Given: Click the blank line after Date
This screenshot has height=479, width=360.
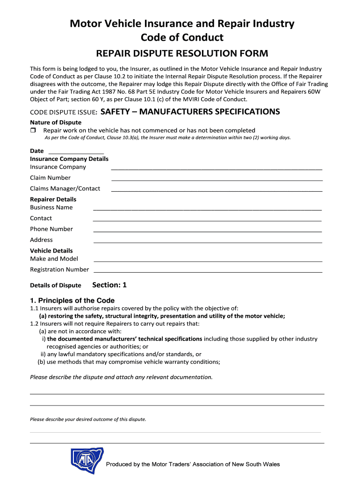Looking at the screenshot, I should (76, 152).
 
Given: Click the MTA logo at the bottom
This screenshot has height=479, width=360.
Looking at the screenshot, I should (87, 460).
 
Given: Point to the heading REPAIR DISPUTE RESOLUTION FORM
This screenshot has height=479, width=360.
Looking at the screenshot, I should (182, 54).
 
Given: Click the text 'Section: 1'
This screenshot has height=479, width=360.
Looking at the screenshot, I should (109, 285).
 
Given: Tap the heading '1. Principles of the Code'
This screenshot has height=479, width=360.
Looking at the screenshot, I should (72, 300).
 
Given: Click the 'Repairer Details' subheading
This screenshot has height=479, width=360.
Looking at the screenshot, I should (53, 199).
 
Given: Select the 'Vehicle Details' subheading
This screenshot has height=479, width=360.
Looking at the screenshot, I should (51, 251).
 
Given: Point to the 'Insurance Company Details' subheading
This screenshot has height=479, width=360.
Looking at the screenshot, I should (69, 159).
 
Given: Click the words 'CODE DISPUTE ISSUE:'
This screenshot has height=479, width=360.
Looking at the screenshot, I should (64, 112).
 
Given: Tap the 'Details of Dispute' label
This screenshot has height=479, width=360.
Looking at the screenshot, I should (55, 285).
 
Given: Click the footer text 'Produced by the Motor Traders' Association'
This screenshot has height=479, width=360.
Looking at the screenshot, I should (193, 464).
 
